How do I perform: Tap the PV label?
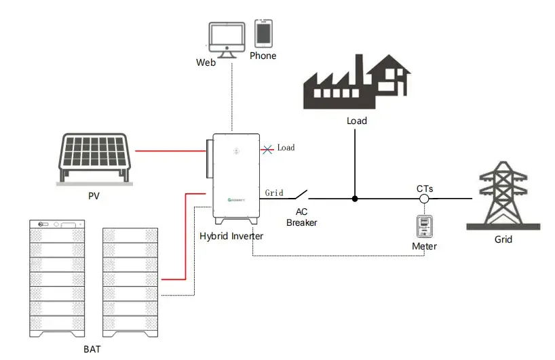pos(94,196)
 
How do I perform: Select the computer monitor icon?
pos(227,39)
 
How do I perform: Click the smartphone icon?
pos(263,33)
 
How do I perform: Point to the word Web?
pos(206,62)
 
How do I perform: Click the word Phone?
pos(263,56)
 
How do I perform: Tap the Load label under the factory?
pos(356,121)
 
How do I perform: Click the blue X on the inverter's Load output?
pos(269,147)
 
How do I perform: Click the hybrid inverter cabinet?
pos(236,176)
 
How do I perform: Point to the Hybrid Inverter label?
pos(231,236)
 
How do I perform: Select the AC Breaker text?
pos(301,217)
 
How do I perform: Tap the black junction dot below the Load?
pos(355,199)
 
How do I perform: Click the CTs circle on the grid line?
pos(424,199)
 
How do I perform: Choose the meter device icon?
pos(424,226)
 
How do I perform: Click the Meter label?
pos(424,246)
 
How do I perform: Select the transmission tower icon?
pos(503,195)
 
